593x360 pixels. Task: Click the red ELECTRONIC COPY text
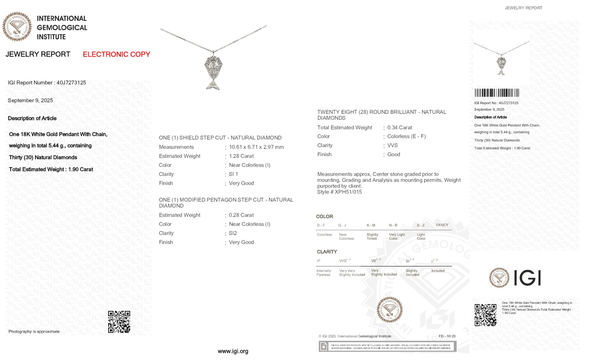[116, 54]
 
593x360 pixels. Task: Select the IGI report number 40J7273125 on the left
[71, 83]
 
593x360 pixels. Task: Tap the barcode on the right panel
[497, 93]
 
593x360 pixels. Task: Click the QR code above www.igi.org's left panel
[119, 322]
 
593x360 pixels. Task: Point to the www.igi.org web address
[233, 351]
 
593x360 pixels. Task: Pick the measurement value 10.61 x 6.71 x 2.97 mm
[256, 147]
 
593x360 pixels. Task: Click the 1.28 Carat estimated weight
[241, 156]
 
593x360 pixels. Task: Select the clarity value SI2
[233, 233]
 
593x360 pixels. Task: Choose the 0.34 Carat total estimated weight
[399, 127]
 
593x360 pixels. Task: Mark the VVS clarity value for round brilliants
[392, 145]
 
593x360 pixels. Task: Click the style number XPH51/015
[348, 192]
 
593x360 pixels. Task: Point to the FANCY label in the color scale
[442, 225]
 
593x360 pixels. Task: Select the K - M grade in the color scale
[371, 225]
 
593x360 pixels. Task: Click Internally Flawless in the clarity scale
[323, 273]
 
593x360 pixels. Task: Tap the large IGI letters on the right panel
[527, 278]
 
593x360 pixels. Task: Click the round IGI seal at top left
[17, 27]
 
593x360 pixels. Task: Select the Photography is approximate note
[34, 332]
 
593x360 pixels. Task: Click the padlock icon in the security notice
[324, 346]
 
